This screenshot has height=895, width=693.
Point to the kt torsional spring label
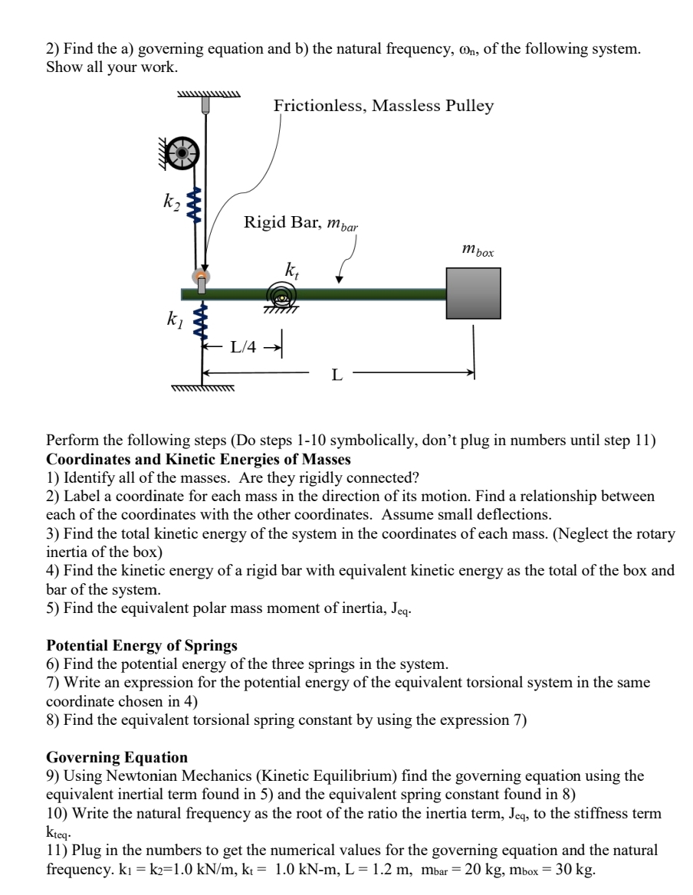pos(291,270)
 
